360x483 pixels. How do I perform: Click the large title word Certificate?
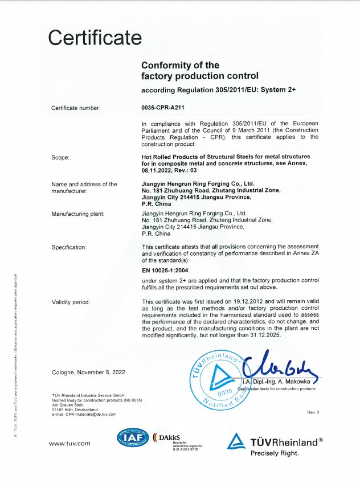pyautogui.click(x=95, y=38)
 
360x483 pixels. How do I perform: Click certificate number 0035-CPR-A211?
pyautogui.click(x=162, y=107)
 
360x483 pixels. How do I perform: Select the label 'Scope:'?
pyautogui.click(x=60, y=157)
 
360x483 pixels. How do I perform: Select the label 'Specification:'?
pyautogui.click(x=69, y=247)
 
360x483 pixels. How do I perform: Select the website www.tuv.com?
pyautogui.click(x=70, y=443)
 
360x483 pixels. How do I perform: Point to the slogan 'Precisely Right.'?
pyautogui.click(x=274, y=453)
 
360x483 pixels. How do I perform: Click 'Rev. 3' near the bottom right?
pyautogui.click(x=313, y=412)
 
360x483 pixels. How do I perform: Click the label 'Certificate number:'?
pyautogui.click(x=76, y=107)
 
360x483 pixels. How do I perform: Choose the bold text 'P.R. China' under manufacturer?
pyautogui.click(x=156, y=203)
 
